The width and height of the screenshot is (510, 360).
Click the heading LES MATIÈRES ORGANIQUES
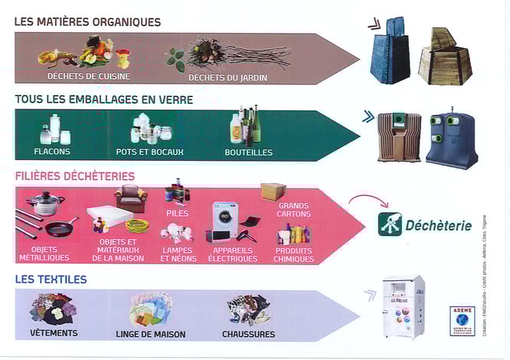87,22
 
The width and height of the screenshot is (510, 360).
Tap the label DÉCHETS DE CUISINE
77,76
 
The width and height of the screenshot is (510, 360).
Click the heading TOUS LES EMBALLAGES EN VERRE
103,100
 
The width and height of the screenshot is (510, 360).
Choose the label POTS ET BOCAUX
149,152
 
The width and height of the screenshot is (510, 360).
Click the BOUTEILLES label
248,152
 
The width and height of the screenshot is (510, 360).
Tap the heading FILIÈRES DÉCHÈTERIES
74,176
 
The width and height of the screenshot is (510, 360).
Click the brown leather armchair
130,198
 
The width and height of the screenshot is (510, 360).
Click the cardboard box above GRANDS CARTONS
273,191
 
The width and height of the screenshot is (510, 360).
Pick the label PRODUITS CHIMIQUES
293,254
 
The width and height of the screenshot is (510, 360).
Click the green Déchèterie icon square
389,224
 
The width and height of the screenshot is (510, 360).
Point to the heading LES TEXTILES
51,280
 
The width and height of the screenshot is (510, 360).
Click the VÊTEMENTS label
53,334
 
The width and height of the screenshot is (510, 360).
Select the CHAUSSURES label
247,334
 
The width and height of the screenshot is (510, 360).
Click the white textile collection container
403,306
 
